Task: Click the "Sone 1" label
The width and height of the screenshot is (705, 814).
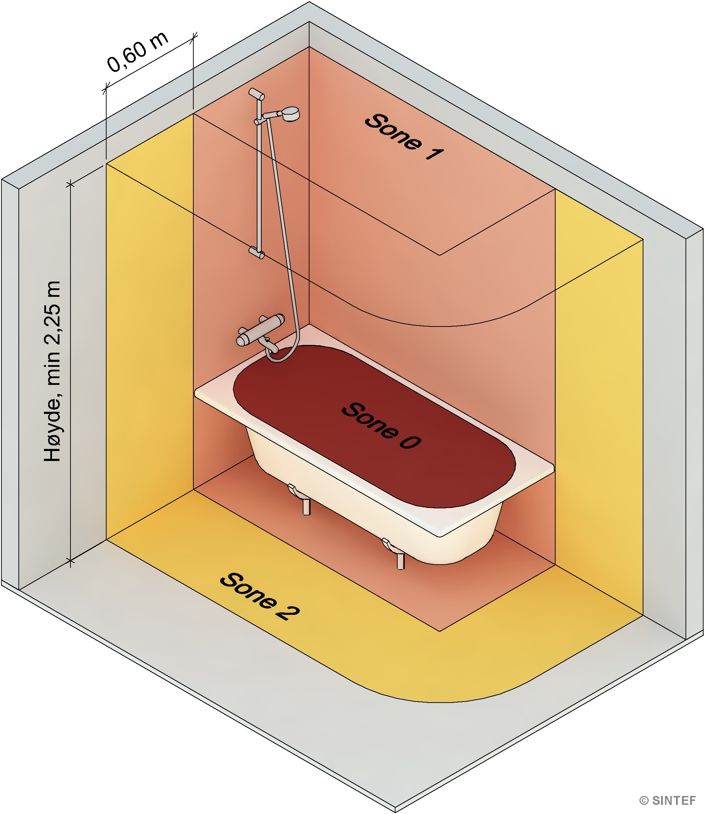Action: click(x=404, y=137)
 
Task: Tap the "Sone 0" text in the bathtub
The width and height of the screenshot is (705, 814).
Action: click(x=380, y=425)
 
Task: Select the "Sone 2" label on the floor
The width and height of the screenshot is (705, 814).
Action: click(x=260, y=597)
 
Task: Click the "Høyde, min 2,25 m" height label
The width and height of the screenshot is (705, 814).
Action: click(x=53, y=371)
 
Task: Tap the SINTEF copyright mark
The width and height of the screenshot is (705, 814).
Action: click(x=667, y=801)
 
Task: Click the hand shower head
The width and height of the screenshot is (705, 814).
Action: click(x=290, y=114)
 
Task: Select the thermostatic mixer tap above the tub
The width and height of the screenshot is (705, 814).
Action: click(x=261, y=329)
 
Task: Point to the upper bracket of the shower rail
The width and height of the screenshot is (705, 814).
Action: click(x=256, y=94)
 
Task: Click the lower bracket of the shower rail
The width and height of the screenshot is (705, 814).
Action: click(x=256, y=252)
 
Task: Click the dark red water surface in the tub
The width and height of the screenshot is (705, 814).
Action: click(x=374, y=426)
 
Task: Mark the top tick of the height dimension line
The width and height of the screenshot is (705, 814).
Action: click(x=70, y=184)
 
